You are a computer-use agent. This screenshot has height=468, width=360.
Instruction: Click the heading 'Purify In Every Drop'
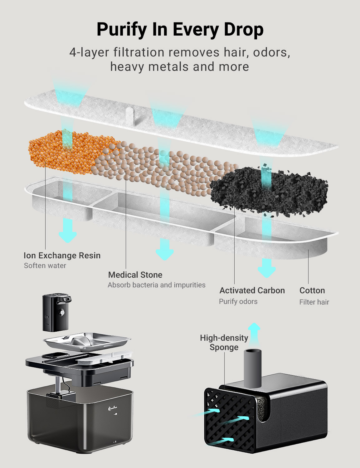(180, 29)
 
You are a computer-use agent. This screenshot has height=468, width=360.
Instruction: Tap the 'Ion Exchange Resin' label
(62, 256)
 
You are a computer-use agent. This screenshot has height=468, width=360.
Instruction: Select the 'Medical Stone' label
(135, 275)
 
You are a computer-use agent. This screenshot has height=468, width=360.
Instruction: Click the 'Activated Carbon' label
(252, 290)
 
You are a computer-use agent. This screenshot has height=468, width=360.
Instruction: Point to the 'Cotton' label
(312, 290)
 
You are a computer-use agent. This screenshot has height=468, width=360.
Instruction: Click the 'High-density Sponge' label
(224, 343)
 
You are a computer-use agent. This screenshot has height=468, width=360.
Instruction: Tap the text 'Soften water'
(45, 266)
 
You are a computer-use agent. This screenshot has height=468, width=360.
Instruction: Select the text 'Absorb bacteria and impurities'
(157, 285)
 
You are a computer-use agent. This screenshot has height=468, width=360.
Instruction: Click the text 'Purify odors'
(238, 301)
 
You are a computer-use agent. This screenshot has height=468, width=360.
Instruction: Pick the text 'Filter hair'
(314, 302)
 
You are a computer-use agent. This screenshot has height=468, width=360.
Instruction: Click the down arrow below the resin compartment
(68, 231)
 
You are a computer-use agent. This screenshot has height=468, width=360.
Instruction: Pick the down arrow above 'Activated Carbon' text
(267, 268)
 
